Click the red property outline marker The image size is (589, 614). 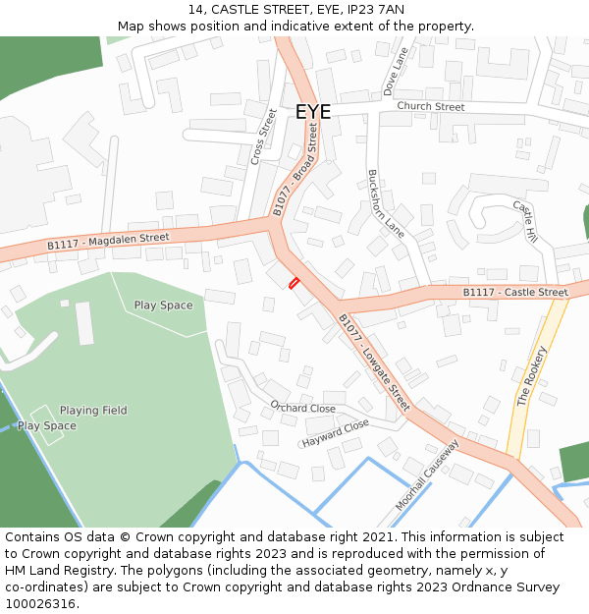[293, 283]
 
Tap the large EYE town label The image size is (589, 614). [313, 112]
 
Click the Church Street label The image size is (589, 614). [431, 106]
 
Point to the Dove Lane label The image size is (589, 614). [397, 75]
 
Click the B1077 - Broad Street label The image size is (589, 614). [296, 169]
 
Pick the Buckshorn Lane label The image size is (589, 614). [386, 203]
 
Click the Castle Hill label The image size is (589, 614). [525, 222]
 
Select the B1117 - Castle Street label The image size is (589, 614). [515, 292]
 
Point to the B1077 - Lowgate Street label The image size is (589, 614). [373, 361]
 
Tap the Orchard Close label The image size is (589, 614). [302, 407]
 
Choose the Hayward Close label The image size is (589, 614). [336, 432]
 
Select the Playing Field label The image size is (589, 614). [93, 410]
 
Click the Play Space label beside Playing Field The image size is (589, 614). [46, 425]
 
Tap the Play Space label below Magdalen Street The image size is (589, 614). [163, 305]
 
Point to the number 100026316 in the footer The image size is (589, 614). [40, 603]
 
